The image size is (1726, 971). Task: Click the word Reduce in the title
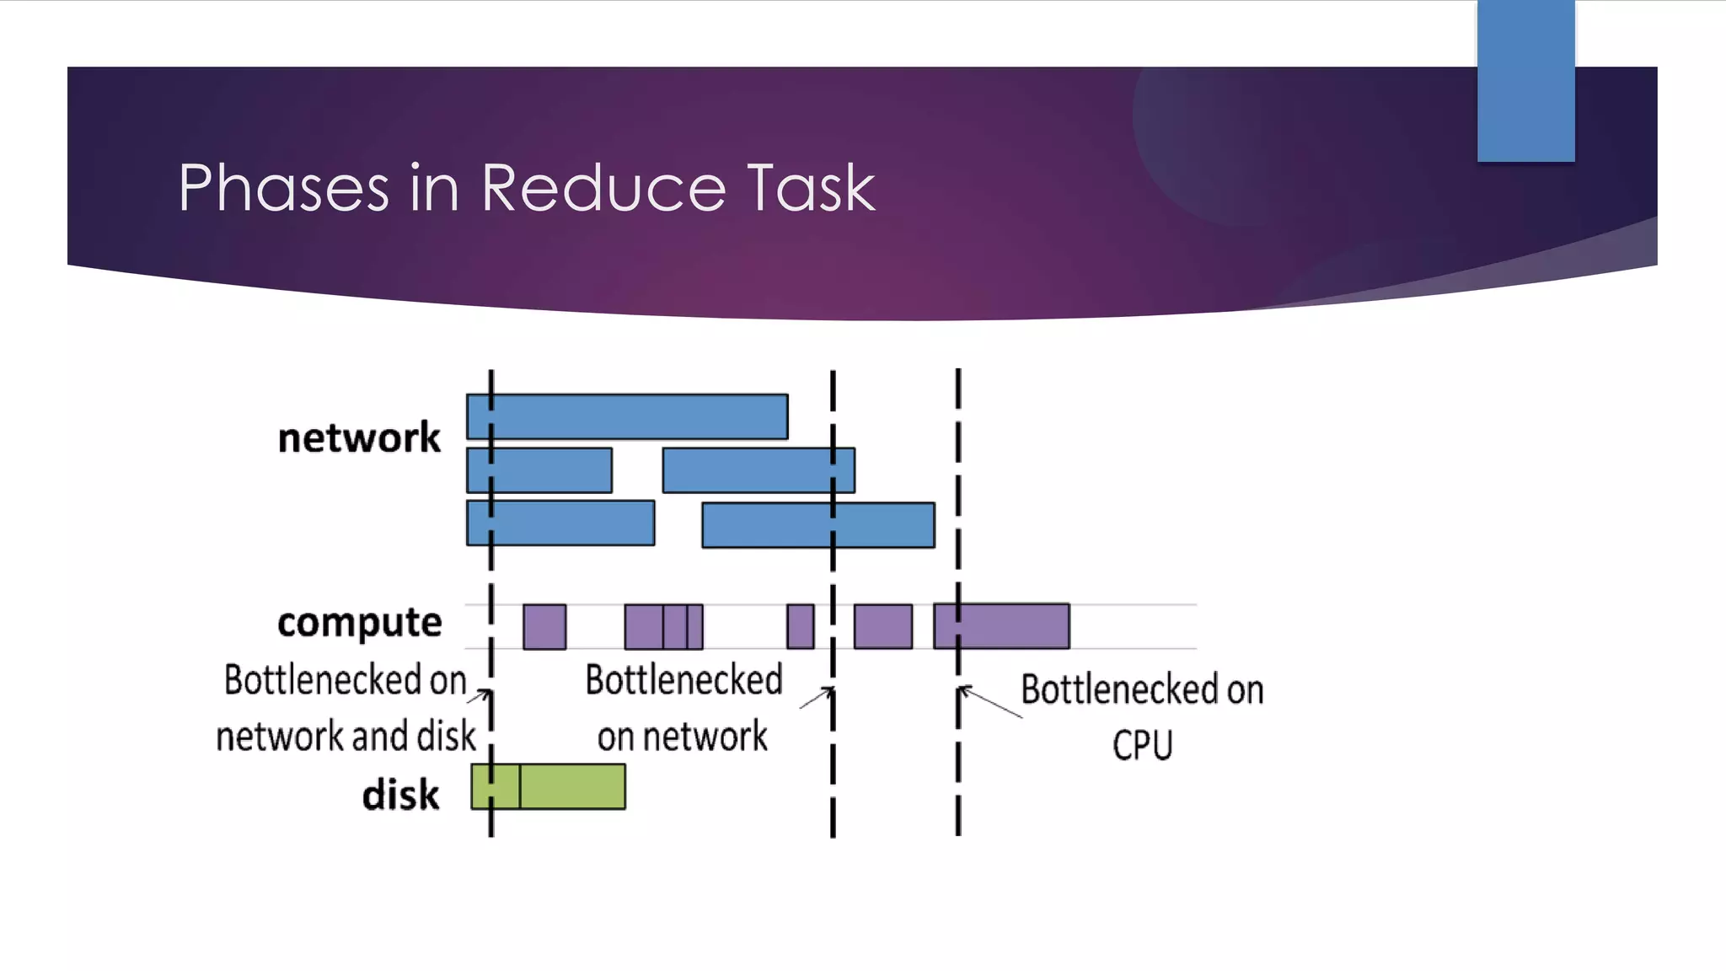[603, 187]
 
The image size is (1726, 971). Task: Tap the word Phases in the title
[283, 187]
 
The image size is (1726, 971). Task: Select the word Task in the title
[811, 187]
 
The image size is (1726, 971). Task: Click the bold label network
[359, 437]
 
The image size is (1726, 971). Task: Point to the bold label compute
[359, 623]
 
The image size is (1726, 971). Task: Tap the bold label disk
[400, 795]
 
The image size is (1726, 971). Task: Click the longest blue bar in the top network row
[627, 416]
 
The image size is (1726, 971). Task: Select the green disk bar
[548, 786]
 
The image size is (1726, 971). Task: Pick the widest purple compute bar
[1001, 626]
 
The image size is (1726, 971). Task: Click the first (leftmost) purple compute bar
[544, 626]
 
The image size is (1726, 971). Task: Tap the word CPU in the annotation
[1142, 745]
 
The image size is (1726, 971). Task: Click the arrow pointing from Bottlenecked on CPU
[991, 702]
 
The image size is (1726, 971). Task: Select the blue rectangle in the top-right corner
[1525, 80]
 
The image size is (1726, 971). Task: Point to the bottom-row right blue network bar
[817, 525]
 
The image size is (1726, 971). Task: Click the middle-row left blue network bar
[539, 470]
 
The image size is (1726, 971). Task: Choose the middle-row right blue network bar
[758, 470]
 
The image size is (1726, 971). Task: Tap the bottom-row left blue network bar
[560, 523]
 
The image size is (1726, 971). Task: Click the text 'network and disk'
[346, 736]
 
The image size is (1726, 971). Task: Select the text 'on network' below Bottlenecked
[683, 737]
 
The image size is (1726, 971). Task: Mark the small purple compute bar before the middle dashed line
[801, 626]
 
